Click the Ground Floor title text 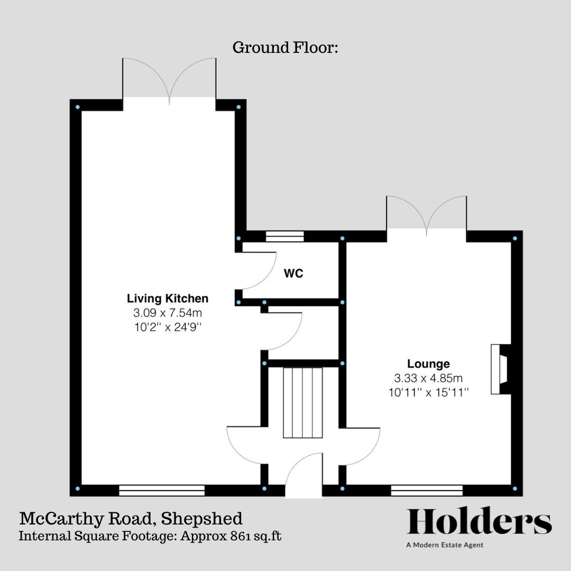(285, 48)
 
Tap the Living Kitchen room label (168, 299)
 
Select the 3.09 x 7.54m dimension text (168, 312)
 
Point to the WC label (294, 274)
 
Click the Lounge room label (428, 364)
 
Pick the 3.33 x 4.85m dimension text (428, 378)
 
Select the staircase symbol (302, 402)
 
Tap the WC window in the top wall (284, 237)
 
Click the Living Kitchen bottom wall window (162, 490)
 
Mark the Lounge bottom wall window (427, 490)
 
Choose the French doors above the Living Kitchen (169, 79)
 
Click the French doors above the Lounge (426, 214)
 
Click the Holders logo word (479, 522)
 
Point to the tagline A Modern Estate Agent (444, 545)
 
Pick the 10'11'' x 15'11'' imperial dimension (428, 392)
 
